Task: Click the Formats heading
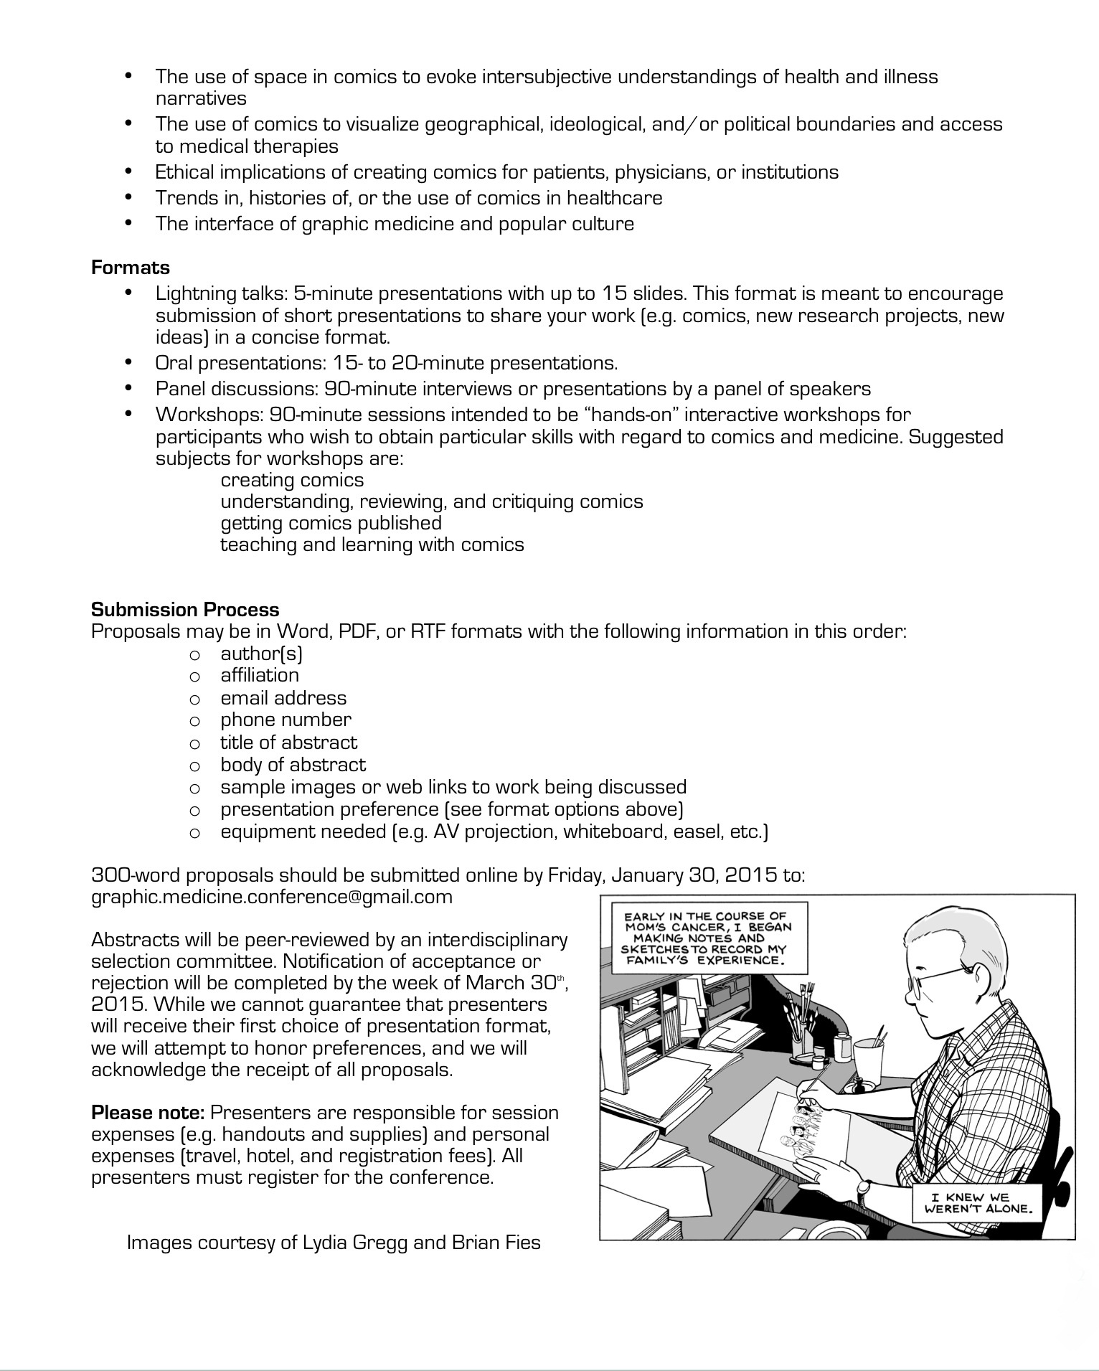[x=130, y=268]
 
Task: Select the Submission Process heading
[x=185, y=609]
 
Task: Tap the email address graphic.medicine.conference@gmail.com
[x=272, y=897]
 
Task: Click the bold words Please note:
[x=148, y=1113]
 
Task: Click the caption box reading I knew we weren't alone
[x=980, y=1202]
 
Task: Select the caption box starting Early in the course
[x=705, y=938]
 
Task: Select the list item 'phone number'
[x=286, y=720]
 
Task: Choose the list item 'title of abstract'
[x=288, y=742]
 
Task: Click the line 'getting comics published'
[x=331, y=523]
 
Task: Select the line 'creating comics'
[x=292, y=480]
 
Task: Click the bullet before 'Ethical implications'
[x=129, y=171]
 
